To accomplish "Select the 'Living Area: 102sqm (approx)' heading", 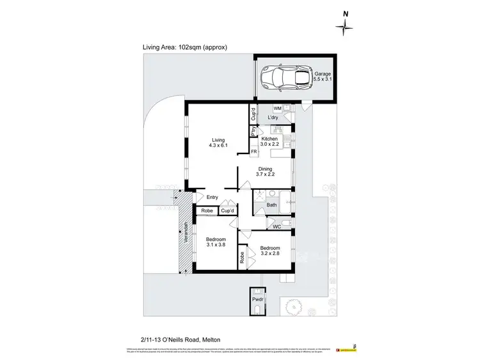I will (x=185, y=47).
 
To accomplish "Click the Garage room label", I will (x=322, y=77).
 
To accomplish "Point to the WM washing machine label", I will (x=277, y=109).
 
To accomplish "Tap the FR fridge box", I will (x=254, y=152).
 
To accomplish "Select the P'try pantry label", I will (x=253, y=133).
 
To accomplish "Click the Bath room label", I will (x=271, y=205).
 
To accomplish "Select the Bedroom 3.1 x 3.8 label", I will (x=216, y=242).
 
